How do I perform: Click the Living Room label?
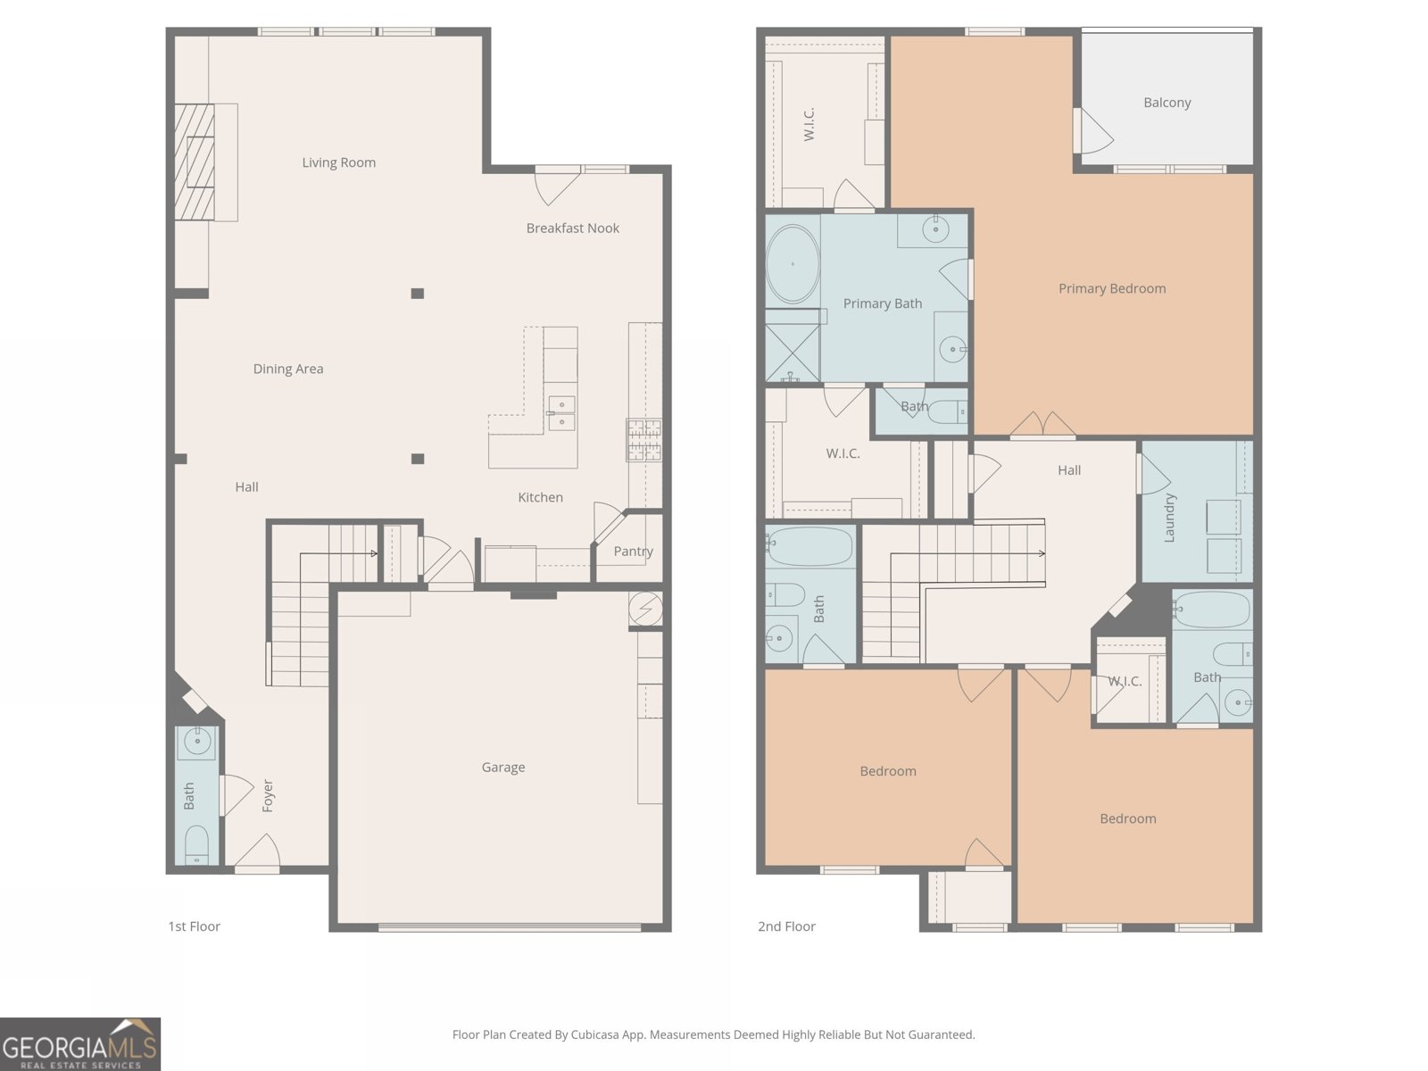338,162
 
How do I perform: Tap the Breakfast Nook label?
572,228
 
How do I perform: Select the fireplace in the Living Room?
195,162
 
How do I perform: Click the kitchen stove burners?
643,439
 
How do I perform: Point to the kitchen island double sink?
561,413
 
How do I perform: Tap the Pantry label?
633,552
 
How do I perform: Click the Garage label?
502,768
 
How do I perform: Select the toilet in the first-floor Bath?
196,843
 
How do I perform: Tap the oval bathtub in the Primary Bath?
793,264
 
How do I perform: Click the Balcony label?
1166,103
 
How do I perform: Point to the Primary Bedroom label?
1111,288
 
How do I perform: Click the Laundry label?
1169,518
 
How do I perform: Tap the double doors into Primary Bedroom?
1042,426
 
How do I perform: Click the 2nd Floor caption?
786,926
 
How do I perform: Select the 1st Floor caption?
194,926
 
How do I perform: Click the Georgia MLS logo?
80,1044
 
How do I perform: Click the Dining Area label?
287,369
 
